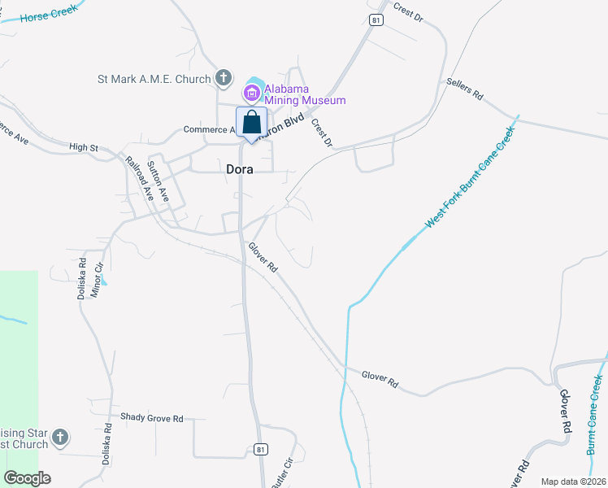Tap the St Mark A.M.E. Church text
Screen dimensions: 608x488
pos(154,79)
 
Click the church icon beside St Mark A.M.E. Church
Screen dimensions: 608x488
pos(224,79)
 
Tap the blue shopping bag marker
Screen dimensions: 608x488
pos(252,124)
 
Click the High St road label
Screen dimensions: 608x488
pos(83,147)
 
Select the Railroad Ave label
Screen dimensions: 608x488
pos(140,178)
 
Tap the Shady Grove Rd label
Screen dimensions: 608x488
pos(152,418)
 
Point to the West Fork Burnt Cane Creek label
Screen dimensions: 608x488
pos(471,177)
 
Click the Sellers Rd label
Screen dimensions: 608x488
pos(465,89)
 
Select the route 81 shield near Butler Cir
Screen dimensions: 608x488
pos(260,448)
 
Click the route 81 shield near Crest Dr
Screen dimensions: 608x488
pos(375,20)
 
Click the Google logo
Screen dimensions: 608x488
pos(27,478)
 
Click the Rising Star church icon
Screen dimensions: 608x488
pos(60,439)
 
